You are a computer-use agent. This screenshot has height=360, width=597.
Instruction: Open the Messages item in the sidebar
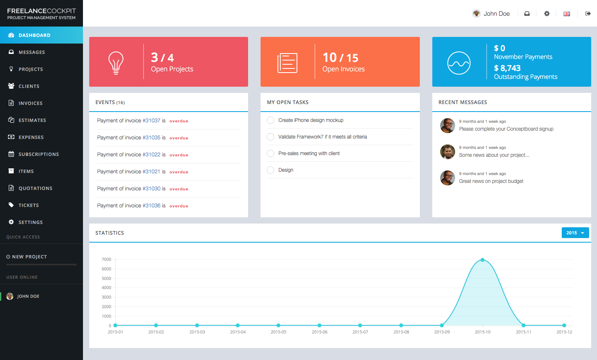(32, 52)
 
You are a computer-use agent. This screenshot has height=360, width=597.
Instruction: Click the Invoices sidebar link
(30, 103)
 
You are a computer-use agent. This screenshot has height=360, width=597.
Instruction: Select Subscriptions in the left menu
(39, 154)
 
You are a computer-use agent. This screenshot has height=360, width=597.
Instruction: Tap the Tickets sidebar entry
(29, 205)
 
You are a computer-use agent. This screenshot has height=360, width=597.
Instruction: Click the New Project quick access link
(29, 257)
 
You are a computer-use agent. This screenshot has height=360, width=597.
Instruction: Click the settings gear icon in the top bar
(547, 14)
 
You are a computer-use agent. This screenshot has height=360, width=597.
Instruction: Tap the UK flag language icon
(567, 14)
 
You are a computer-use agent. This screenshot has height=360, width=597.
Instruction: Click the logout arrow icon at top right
(588, 14)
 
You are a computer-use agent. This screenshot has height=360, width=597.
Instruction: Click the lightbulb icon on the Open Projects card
(116, 63)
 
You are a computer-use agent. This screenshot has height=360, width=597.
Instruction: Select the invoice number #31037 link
(151, 121)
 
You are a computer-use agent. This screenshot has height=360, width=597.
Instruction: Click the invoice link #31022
(151, 155)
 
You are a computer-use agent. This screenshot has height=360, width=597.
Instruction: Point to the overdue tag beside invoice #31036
(179, 206)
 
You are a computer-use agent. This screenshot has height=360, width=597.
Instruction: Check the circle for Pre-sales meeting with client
(270, 153)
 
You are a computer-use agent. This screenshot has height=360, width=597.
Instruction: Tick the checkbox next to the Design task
(270, 170)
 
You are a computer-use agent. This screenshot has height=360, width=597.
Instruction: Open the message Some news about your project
(494, 155)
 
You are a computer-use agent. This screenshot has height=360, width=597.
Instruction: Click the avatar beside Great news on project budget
(447, 178)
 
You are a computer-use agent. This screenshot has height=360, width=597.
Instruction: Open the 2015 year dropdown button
(575, 233)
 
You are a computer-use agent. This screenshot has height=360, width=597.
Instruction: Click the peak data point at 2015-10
(482, 260)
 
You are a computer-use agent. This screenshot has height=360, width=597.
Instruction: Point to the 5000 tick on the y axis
(107, 278)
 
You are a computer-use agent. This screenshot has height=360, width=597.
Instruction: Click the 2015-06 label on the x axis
(319, 332)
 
